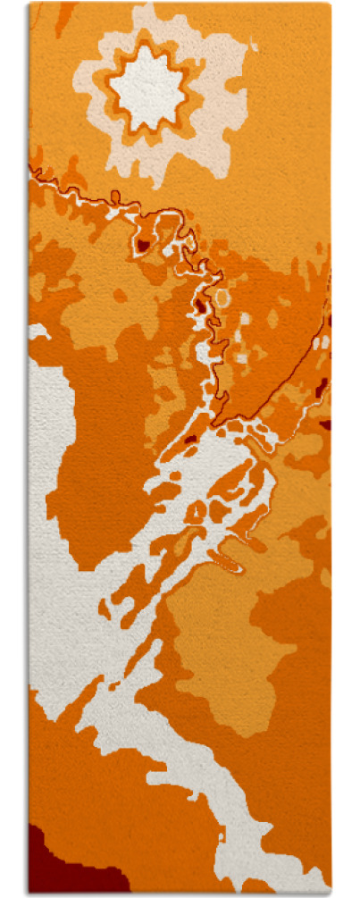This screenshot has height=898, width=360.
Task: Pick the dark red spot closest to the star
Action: [144, 244]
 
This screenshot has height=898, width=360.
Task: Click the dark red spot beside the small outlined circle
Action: [201, 307]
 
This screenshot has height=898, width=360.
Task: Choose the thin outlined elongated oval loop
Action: [227, 563]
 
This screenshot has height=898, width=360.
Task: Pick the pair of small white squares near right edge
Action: [323, 342]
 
